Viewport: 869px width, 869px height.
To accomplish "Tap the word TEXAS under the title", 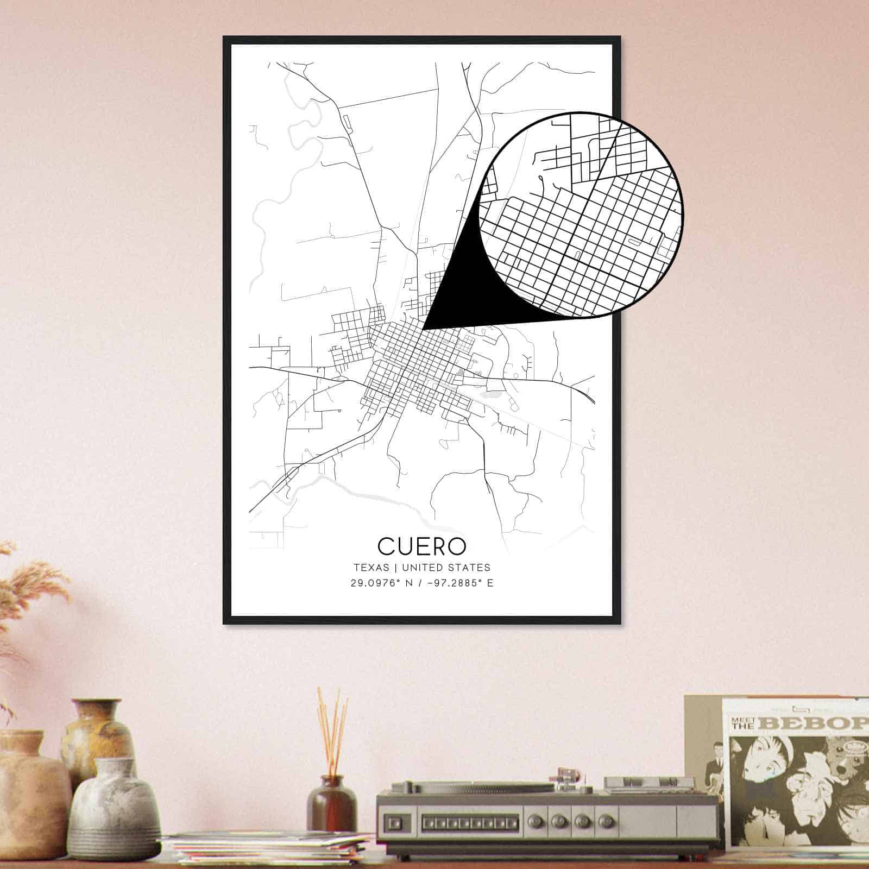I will click(371, 568).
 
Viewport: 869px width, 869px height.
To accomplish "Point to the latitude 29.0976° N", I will click(381, 584).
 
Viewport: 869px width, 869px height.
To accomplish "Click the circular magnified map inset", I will click(581, 215).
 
